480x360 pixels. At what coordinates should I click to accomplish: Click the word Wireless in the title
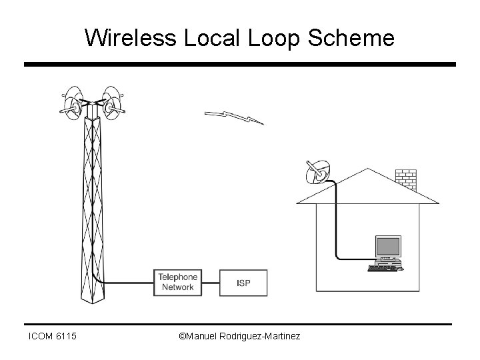pyautogui.click(x=129, y=38)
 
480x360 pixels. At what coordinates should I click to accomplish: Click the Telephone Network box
pyautogui.click(x=177, y=283)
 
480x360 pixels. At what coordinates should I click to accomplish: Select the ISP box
pyautogui.click(x=244, y=283)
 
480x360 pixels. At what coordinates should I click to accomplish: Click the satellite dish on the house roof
pyautogui.click(x=315, y=172)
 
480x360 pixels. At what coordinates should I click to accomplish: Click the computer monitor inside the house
pyautogui.click(x=387, y=248)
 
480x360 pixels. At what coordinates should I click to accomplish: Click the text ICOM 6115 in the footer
pyautogui.click(x=53, y=337)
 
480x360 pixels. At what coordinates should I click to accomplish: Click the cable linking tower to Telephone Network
pyautogui.click(x=130, y=283)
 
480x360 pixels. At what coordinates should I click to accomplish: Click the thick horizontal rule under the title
pyautogui.click(x=240, y=65)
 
